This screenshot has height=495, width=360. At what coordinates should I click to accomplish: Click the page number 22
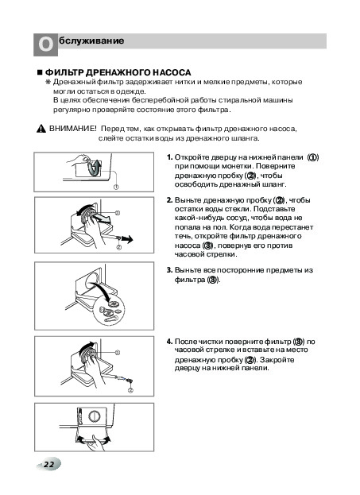pos(48,464)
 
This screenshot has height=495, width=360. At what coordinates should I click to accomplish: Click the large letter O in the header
pos(45,44)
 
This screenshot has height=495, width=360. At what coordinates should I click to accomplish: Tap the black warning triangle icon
pos(41,130)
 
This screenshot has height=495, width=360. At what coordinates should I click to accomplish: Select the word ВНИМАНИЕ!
pos(73,129)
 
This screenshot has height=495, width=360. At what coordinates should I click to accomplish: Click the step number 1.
pos(169,157)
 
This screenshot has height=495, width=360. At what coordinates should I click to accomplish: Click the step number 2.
pos(169,200)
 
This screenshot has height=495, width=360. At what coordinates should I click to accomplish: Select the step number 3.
pos(169,270)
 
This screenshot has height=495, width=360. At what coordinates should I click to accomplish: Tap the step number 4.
pos(169,342)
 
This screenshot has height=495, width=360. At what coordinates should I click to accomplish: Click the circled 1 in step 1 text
pos(312,157)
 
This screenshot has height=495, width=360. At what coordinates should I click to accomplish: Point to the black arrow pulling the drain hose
pos(127,240)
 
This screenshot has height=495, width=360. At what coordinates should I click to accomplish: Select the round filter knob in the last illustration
pos(94,416)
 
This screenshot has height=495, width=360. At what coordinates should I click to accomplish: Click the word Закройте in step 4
pos(277,360)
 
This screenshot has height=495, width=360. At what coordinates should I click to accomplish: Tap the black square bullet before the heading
pos(40,72)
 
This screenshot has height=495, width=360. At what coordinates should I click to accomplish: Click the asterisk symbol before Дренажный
pos(48,82)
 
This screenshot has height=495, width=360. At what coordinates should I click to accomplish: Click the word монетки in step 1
pos(237,166)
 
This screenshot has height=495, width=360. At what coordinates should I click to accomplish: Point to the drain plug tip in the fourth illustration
pos(130,381)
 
